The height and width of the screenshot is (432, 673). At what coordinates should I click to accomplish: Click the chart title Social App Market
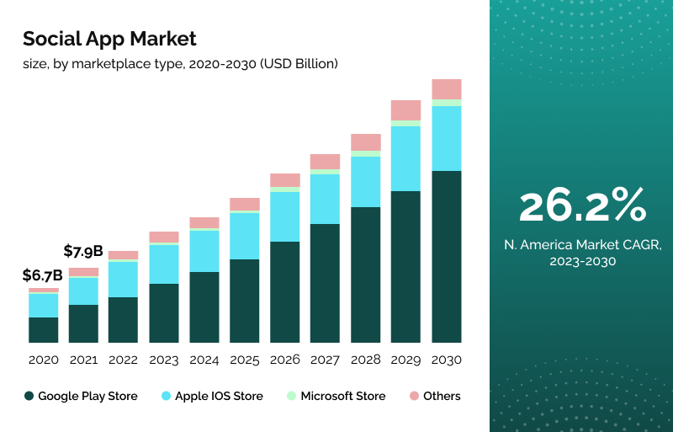pyautogui.click(x=109, y=39)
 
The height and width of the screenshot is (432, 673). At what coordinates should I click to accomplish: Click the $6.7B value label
pyautogui.click(x=43, y=275)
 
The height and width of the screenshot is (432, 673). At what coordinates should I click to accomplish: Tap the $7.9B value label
pyautogui.click(x=83, y=251)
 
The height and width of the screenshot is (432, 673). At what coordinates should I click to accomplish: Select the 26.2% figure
pyautogui.click(x=582, y=205)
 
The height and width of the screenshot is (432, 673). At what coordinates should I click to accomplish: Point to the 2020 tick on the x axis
pyautogui.click(x=44, y=360)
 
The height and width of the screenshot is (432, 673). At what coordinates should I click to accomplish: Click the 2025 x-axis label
pyautogui.click(x=245, y=360)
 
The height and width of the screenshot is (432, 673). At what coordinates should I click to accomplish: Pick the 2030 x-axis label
pyautogui.click(x=446, y=360)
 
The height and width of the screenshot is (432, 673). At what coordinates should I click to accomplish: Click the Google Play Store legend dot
pyautogui.click(x=29, y=396)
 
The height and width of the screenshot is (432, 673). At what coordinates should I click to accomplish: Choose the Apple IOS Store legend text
pyautogui.click(x=218, y=396)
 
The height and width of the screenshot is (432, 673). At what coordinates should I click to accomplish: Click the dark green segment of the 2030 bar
pyautogui.click(x=446, y=257)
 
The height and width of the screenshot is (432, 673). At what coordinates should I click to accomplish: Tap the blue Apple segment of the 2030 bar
pyautogui.click(x=446, y=138)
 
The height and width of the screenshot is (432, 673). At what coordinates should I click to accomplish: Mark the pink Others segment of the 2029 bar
pyautogui.click(x=405, y=110)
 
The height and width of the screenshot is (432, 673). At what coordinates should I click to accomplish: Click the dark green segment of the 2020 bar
pyautogui.click(x=44, y=330)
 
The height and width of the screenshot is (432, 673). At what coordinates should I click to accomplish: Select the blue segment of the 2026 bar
pyautogui.click(x=285, y=216)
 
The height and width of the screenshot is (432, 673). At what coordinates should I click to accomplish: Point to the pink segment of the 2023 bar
pyautogui.click(x=164, y=237)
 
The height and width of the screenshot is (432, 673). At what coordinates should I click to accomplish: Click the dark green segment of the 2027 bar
pyautogui.click(x=325, y=283)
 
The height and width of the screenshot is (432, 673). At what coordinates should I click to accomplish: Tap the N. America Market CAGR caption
pyautogui.click(x=582, y=253)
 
